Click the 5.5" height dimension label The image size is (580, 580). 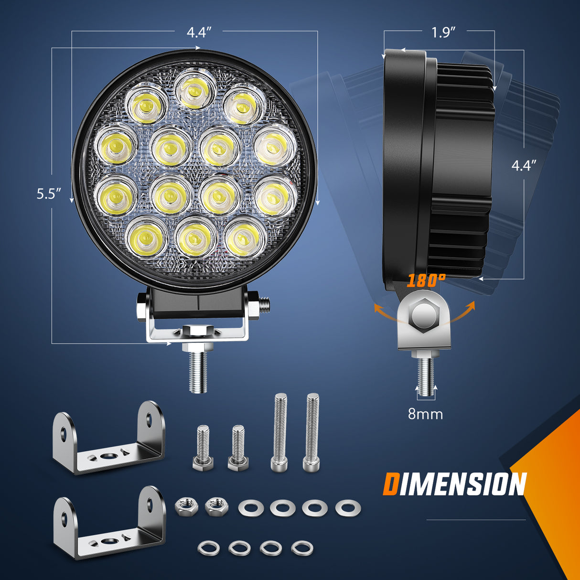[49, 194]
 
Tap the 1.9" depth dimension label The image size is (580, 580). [443, 32]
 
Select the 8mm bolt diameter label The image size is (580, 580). [425, 414]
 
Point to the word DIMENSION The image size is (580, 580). [454, 484]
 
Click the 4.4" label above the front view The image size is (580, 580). [199, 32]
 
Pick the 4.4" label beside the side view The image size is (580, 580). [524, 165]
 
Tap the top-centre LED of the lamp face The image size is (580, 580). [195, 87]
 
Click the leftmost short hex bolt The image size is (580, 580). [203, 447]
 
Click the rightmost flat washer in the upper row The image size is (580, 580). [347, 508]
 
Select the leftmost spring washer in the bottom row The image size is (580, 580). [208, 548]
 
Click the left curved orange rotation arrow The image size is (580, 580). [384, 312]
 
